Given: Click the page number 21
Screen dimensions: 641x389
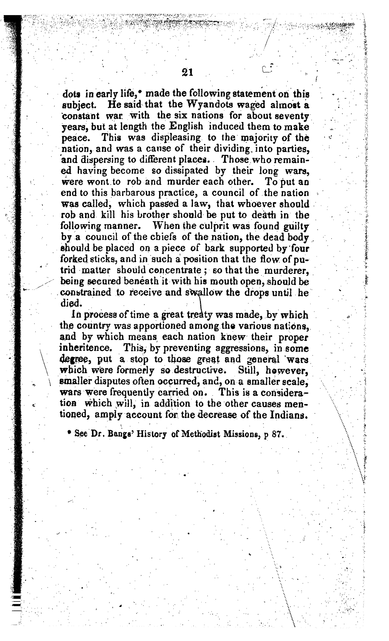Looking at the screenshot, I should [x=188, y=72].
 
